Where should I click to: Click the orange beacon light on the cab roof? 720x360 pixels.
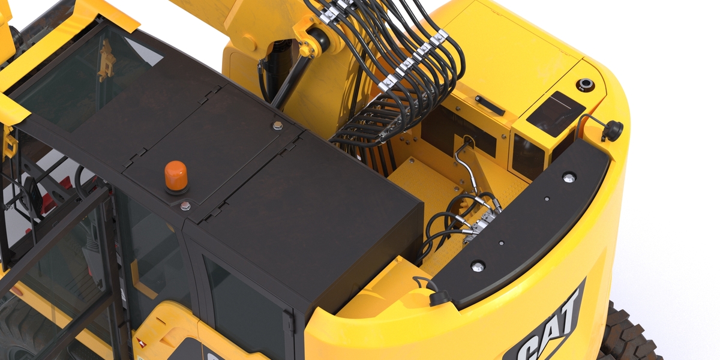point(176,176)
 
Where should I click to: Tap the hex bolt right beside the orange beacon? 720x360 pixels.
point(185,206)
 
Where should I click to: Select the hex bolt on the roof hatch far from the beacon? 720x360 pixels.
point(278,125)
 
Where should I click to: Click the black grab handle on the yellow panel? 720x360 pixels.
point(490,105)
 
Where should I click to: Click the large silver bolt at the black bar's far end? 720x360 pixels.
point(569,177)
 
